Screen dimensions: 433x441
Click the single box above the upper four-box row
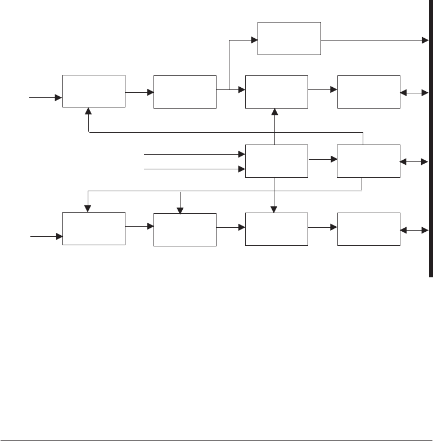tap(289, 38)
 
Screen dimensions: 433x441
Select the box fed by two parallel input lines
tap(277, 160)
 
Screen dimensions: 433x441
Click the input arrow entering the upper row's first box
tap(58, 97)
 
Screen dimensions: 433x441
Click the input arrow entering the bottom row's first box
tap(58, 237)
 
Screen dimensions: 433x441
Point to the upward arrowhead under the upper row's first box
tap(89, 112)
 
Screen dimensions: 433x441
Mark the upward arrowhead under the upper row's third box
tap(275, 112)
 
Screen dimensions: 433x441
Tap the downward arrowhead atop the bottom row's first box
tap(88, 208)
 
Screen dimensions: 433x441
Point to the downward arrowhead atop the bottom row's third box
tap(274, 209)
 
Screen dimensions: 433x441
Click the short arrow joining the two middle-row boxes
tap(328, 160)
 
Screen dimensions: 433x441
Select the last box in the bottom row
tap(369, 229)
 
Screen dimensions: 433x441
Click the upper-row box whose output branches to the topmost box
tap(184, 91)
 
